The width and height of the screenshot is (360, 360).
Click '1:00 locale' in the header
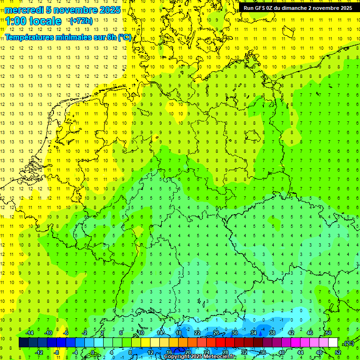tap(33, 21)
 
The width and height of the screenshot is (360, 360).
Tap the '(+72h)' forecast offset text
tap(81, 21)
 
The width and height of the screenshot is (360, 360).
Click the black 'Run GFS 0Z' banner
tap(298, 8)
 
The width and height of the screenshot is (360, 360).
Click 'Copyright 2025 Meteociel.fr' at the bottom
tap(200, 357)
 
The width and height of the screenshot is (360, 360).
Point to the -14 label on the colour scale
tap(29, 333)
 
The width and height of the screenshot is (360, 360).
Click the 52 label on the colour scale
tap(338, 352)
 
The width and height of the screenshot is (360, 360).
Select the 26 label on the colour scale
tap(216, 333)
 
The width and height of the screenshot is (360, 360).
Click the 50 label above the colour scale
tap(329, 333)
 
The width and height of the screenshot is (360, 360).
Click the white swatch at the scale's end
tap(333, 343)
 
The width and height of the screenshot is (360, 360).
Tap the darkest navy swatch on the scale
tap(23, 343)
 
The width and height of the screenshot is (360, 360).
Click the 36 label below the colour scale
tap(262, 352)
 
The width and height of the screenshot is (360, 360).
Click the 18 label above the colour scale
tap(179, 333)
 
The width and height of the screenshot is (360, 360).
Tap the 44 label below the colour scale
tap(300, 352)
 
